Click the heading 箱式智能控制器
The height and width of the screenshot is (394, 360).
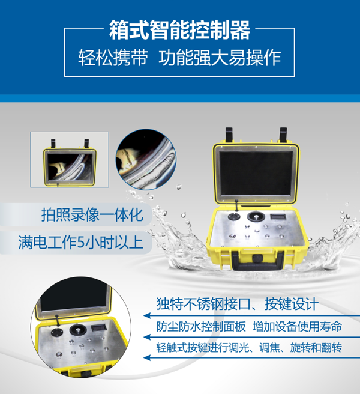pyautogui.click(x=180, y=30)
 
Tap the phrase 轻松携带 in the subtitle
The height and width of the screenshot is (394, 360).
pyautogui.click(x=113, y=58)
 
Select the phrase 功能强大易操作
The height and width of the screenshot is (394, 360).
pyautogui.click(x=220, y=58)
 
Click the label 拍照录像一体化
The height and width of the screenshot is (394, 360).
pyautogui.click(x=92, y=215)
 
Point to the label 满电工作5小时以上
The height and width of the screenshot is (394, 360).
pyautogui.click(x=81, y=243)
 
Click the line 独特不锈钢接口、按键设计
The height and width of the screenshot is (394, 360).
pyautogui.click(x=237, y=304)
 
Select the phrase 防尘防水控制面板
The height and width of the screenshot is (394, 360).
pyautogui.click(x=201, y=327)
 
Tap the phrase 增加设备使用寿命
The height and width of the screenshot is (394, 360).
pyautogui.click(x=297, y=327)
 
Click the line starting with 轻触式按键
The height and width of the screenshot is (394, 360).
pyautogui.click(x=249, y=348)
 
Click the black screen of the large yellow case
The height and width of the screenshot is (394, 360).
pyautogui.click(x=256, y=173)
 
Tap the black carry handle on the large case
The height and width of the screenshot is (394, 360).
pyautogui.click(x=257, y=261)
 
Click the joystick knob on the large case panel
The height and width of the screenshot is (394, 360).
pyautogui.click(x=256, y=217)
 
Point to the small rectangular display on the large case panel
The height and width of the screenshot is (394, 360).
pyautogui.click(x=278, y=217)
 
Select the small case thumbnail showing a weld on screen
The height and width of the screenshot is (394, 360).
pyautogui.click(x=70, y=160)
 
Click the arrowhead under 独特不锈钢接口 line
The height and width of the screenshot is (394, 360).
pyautogui.click(x=147, y=315)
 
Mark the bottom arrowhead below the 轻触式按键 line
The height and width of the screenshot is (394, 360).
pyautogui.click(x=147, y=357)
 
